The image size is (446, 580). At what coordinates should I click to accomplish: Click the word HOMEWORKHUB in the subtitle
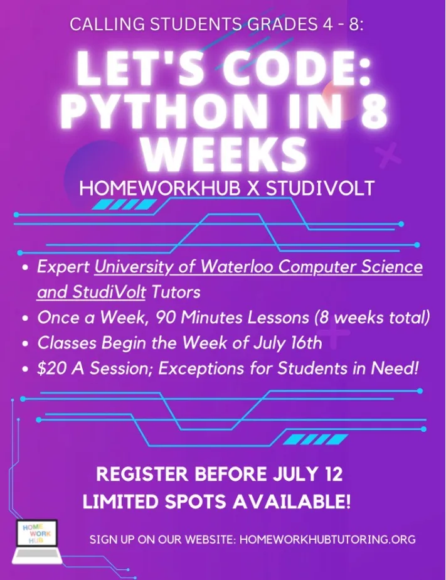click(x=155, y=188)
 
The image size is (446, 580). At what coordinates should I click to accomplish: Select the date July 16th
click(x=288, y=343)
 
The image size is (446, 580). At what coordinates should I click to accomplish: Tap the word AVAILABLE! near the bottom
click(x=292, y=502)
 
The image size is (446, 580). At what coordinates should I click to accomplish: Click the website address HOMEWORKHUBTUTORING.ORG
click(x=327, y=540)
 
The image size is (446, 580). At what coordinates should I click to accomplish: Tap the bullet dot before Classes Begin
click(x=24, y=344)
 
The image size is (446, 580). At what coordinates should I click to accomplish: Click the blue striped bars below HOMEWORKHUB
click(x=124, y=204)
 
